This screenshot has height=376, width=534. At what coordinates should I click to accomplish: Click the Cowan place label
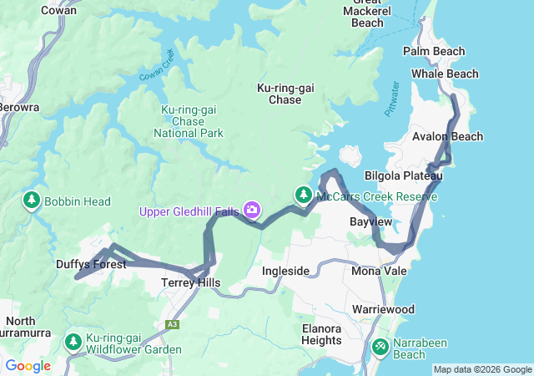tap(58, 10)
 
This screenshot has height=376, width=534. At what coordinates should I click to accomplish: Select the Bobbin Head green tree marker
tap(32, 200)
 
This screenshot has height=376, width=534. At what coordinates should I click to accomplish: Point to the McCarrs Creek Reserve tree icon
tap(302, 196)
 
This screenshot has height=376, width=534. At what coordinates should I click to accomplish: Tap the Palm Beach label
tap(433, 51)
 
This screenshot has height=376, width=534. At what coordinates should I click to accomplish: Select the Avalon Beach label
tap(446, 136)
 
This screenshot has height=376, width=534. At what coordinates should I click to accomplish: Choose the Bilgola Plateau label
tap(402, 175)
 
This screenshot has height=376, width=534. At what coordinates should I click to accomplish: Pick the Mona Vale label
tap(378, 272)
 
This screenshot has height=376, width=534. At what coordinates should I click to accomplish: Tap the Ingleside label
tap(285, 272)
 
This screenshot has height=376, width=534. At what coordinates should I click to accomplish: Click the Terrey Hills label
tap(190, 283)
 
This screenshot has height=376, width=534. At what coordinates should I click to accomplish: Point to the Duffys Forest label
tap(91, 264)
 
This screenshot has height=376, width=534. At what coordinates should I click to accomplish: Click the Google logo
tap(28, 365)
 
